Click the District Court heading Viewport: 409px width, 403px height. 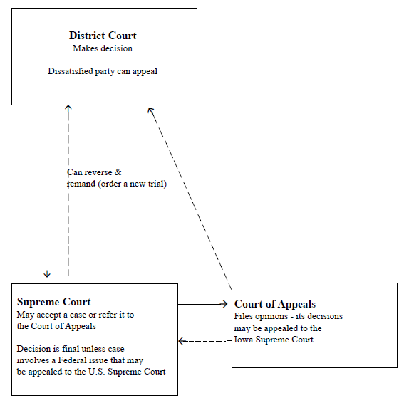point(103,36)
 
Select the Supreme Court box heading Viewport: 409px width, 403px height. point(53,302)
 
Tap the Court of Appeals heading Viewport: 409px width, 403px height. point(275,304)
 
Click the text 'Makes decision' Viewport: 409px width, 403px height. point(103,48)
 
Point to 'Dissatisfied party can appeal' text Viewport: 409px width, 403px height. point(103,71)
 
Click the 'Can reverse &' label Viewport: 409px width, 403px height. point(94,172)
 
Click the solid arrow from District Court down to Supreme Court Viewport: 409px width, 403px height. point(46,192)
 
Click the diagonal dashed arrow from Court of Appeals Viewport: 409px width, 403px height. point(189,196)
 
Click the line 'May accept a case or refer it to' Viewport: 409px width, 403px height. point(75,315)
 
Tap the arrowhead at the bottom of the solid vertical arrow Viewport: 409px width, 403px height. point(46,273)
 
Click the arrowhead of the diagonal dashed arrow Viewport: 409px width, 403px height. point(150,110)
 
